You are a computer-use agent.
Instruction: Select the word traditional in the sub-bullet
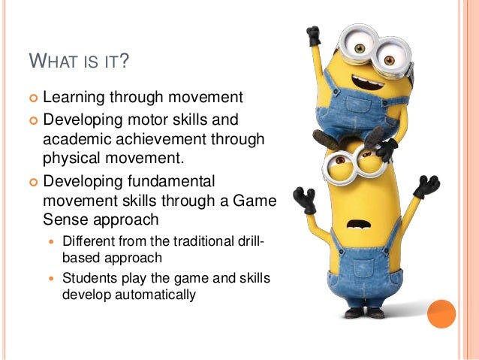point(208,243)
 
